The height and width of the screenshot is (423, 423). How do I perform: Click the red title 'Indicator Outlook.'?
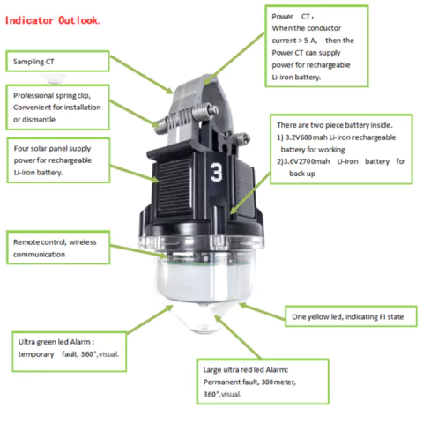(53, 20)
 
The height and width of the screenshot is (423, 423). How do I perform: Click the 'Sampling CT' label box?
(57, 61)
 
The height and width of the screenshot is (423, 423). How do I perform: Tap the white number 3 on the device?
(217, 172)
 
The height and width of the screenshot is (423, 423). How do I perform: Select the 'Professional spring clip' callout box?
(57, 108)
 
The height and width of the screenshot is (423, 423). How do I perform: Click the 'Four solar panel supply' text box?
(58, 160)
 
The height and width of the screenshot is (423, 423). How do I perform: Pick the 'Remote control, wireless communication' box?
(58, 248)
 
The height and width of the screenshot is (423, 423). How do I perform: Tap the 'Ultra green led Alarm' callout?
(70, 352)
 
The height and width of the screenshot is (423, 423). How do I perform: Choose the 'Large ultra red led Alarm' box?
(263, 382)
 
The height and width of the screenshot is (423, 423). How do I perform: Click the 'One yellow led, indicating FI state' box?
(351, 316)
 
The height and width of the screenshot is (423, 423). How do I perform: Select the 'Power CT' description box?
(316, 46)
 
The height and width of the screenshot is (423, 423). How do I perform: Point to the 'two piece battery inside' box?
(341, 149)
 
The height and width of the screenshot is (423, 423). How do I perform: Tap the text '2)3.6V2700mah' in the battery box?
(303, 161)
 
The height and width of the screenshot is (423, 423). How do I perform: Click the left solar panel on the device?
(174, 187)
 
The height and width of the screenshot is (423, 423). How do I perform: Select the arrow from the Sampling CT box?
(141, 75)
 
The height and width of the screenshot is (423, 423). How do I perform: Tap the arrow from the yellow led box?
(262, 312)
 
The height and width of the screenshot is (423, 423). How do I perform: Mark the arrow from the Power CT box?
(234, 59)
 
